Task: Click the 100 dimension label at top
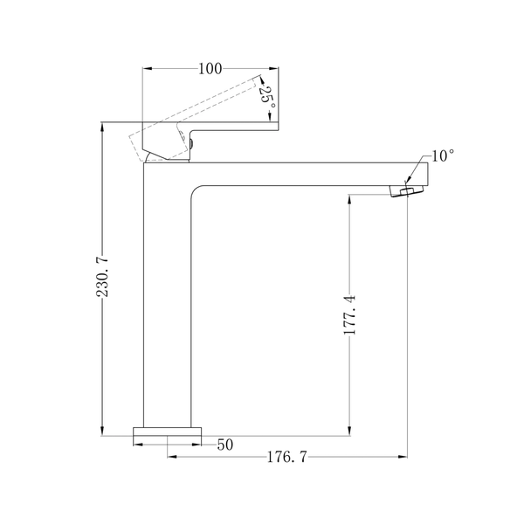[x=210, y=69]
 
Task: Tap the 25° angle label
[x=268, y=97]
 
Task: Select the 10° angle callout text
[x=443, y=155]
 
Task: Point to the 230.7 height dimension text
[x=102, y=276]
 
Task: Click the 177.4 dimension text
[x=350, y=314]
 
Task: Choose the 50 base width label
[x=225, y=445]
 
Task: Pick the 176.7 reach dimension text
[x=286, y=457]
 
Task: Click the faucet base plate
[x=168, y=431]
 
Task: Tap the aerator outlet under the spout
[x=407, y=191]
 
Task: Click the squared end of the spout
[x=428, y=174]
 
